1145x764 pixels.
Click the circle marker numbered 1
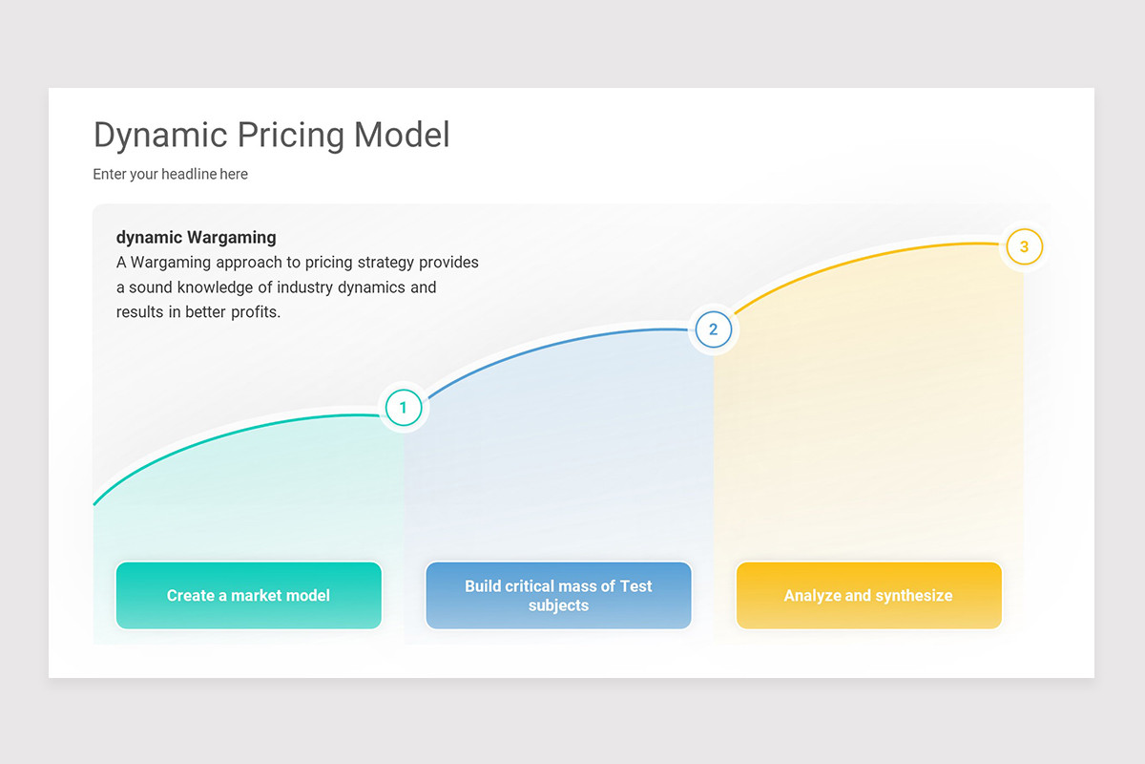(x=404, y=408)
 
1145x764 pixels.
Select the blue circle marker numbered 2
(x=713, y=329)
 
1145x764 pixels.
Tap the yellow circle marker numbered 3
(x=1024, y=246)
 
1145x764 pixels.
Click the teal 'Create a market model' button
(x=248, y=595)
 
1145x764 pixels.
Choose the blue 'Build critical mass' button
(x=558, y=595)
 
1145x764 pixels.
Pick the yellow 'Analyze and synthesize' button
(x=868, y=595)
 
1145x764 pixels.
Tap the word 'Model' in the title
(x=402, y=135)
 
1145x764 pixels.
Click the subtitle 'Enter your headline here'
(x=170, y=175)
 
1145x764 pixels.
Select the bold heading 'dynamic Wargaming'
(x=196, y=238)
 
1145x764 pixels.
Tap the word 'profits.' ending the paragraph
(x=256, y=312)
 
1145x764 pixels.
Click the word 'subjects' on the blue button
(x=558, y=605)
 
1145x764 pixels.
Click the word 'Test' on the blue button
(x=635, y=586)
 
